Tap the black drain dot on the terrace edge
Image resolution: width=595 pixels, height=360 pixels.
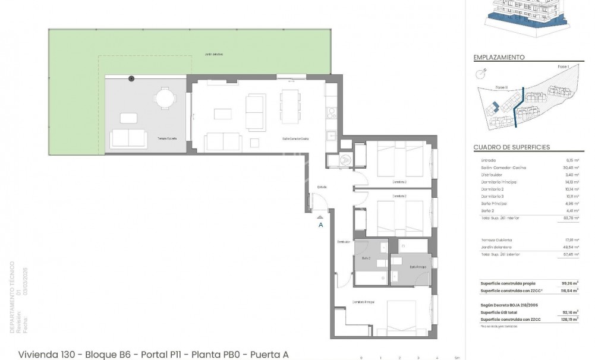131,78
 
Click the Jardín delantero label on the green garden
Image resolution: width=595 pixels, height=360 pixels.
213,54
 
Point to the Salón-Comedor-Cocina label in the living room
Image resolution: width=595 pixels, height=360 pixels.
295,139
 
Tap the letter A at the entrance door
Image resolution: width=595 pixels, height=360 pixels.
321,225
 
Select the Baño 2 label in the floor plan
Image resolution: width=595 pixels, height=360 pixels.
366,258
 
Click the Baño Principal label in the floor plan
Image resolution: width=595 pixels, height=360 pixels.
417,267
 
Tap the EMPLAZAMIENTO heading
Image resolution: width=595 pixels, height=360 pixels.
499,58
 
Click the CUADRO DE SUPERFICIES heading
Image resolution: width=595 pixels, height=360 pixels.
511,147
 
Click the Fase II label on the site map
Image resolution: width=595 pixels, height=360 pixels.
501,87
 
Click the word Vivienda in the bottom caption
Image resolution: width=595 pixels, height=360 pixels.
37,354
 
